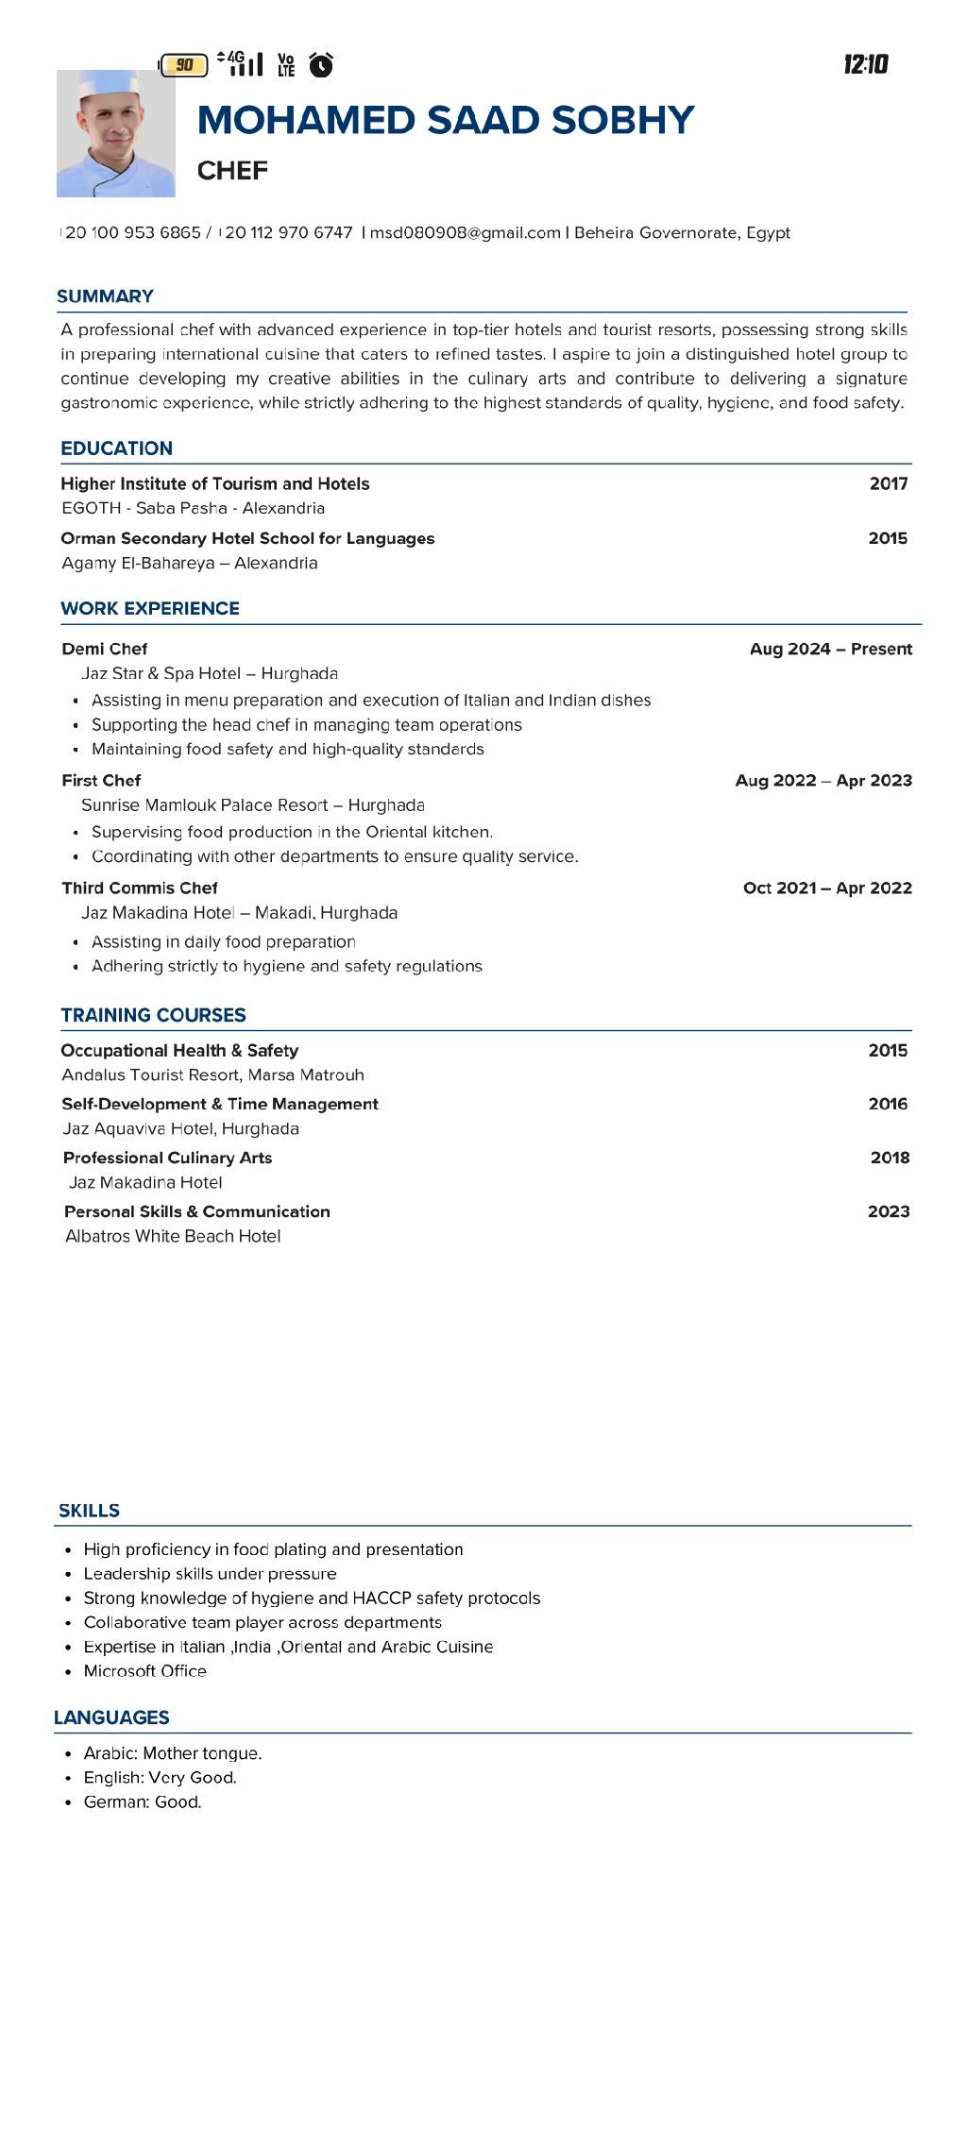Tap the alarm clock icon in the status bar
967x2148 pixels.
click(321, 64)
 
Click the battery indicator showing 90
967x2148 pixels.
click(183, 65)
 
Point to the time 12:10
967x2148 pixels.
click(865, 64)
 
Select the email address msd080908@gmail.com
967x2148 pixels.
click(465, 233)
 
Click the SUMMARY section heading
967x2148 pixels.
click(105, 296)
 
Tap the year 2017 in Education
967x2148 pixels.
click(888, 484)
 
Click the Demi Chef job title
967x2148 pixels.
click(105, 650)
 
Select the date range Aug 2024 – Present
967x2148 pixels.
click(830, 650)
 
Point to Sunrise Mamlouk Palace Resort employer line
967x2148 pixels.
click(252, 805)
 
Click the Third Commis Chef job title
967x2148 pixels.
click(140, 888)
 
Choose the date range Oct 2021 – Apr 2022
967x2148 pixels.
click(827, 888)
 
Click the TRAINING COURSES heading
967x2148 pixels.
click(153, 1016)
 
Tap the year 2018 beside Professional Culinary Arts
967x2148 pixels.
click(890, 1159)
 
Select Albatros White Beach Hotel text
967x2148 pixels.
click(173, 1237)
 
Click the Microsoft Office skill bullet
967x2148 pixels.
click(144, 1670)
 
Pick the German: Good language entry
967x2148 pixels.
click(143, 1802)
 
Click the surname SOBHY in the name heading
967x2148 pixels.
click(622, 121)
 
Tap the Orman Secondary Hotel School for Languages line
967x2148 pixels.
click(247, 539)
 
